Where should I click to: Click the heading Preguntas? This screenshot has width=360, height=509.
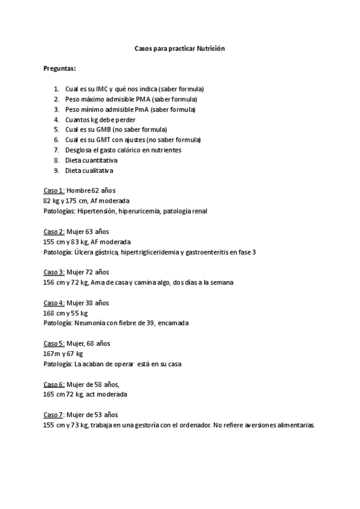pos(59,68)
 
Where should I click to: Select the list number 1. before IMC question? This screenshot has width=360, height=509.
pos(56,88)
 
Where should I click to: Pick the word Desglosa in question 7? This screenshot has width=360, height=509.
pos(77,149)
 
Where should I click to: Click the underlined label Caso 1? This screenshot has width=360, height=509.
pos(53,190)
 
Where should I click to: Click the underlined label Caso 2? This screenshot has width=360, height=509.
pos(53,231)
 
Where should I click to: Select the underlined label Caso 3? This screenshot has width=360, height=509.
pos(53,272)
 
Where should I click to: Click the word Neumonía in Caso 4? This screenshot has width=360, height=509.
pos(88,323)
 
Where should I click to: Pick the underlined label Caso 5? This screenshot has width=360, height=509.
pos(53,343)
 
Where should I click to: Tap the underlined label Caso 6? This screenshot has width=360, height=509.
pos(53,384)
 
